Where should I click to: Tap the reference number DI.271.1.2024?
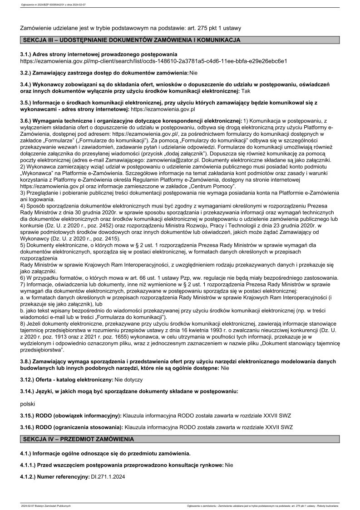(108, 477)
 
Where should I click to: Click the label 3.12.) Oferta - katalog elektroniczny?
(67, 379)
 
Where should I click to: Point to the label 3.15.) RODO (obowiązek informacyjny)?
(71, 416)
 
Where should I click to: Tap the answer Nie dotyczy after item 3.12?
(128, 379)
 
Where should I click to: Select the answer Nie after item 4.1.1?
(229, 465)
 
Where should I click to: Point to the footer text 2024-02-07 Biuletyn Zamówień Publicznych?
(46, 505)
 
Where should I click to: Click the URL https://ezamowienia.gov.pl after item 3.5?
(163, 109)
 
